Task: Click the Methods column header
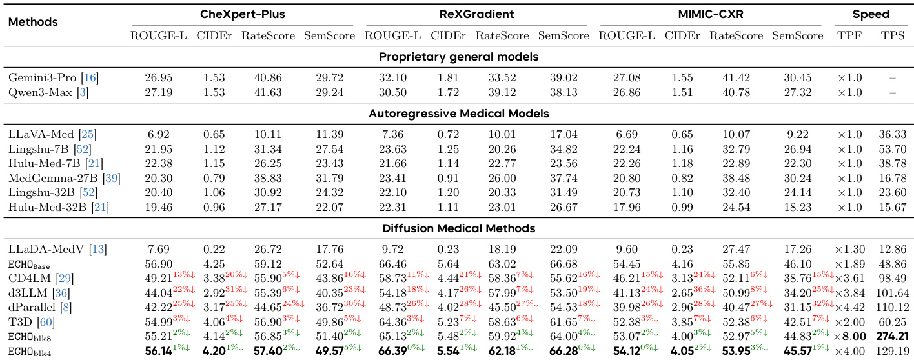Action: point(33,22)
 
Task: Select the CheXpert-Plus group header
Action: point(242,14)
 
